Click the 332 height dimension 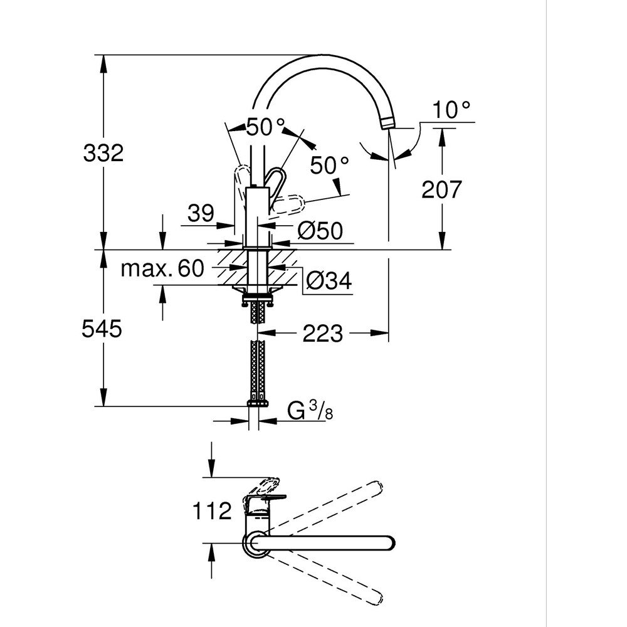103,152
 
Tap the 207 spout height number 441,189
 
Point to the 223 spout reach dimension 323,334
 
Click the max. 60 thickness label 162,269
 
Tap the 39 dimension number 201,213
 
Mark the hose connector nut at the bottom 258,402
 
